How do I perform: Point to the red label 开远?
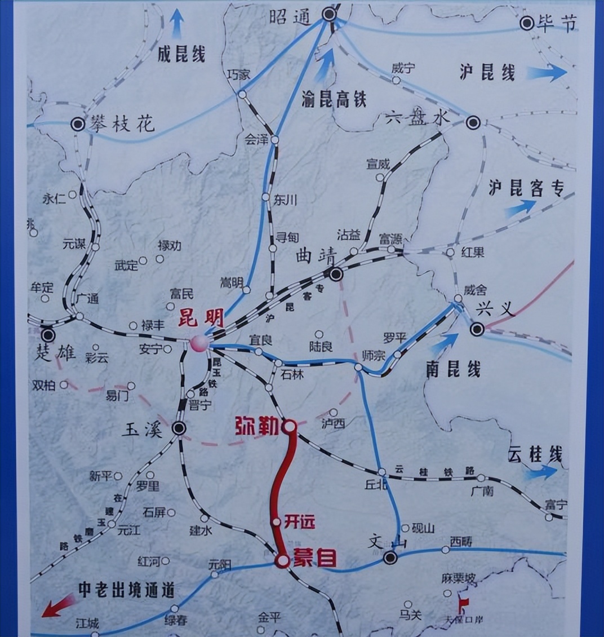click(299, 521)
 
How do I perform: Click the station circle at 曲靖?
click(336, 275)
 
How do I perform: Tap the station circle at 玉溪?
click(179, 428)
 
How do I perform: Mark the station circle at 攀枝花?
click(78, 124)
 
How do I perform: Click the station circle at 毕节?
click(527, 23)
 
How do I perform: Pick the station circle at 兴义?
click(478, 329)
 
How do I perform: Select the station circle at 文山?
click(389, 558)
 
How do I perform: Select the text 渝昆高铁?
click(334, 100)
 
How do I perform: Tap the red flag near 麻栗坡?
click(463, 606)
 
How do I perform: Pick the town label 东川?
click(286, 200)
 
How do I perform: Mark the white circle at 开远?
click(276, 522)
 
